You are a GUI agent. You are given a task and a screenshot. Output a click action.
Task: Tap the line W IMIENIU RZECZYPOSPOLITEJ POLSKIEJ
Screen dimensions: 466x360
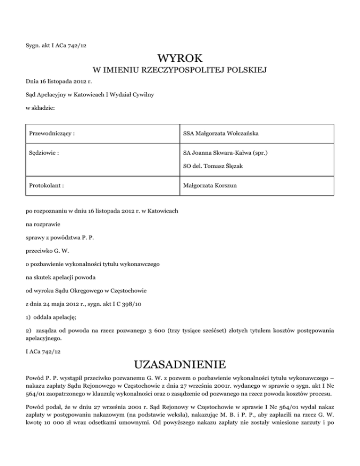(180, 71)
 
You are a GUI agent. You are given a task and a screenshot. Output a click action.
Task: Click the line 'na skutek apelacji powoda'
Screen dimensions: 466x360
(62, 277)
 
